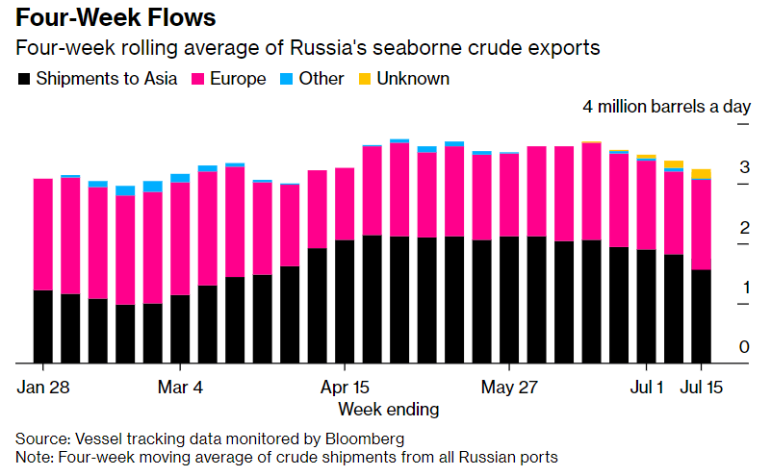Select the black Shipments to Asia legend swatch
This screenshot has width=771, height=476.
(23, 79)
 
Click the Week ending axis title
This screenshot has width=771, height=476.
(388, 409)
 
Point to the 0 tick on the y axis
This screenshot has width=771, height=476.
(744, 346)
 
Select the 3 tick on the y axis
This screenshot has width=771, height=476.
(744, 167)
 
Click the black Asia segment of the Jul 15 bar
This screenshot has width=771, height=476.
(702, 317)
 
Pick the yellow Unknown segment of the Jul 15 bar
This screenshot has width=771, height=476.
(702, 173)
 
